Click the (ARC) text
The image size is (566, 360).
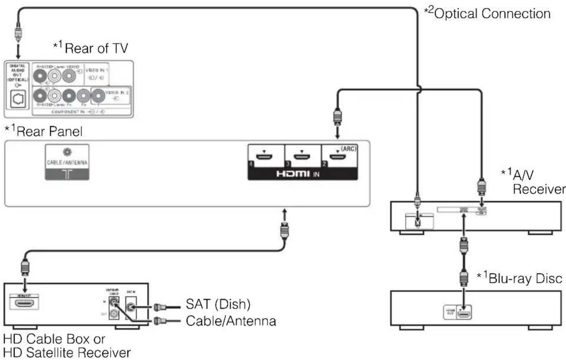(350, 148)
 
